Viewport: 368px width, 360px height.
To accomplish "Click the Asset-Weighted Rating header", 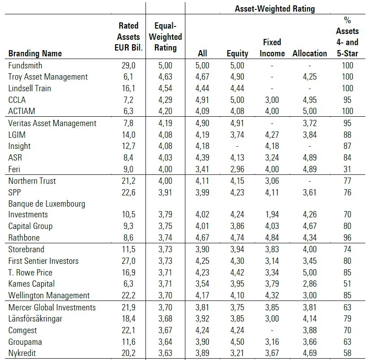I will (275, 8).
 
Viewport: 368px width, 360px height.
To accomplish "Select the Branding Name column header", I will (35, 53).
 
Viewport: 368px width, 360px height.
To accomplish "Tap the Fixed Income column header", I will (272, 47).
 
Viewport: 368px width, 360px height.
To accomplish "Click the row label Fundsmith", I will (25, 65).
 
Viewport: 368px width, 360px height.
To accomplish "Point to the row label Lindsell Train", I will (30, 88).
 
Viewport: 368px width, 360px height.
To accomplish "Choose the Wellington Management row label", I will (49, 295).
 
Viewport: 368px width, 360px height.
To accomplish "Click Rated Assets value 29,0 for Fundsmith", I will (128, 65).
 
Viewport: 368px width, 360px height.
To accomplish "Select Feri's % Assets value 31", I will (347, 169).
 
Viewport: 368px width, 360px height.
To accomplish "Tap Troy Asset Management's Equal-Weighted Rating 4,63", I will (165, 76).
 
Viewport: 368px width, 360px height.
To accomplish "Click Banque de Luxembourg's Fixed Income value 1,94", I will (272, 214).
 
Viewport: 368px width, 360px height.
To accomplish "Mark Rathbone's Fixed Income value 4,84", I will (272, 237).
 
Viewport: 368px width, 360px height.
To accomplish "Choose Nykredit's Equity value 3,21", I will (237, 353).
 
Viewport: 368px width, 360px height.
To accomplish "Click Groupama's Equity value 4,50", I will (237, 342).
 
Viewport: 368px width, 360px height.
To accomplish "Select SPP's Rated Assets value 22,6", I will (128, 192).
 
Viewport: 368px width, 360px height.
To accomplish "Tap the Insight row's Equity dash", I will (237, 146).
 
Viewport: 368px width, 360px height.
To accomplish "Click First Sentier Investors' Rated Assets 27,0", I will (128, 261).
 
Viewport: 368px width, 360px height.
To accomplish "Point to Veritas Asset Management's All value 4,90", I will (202, 123).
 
